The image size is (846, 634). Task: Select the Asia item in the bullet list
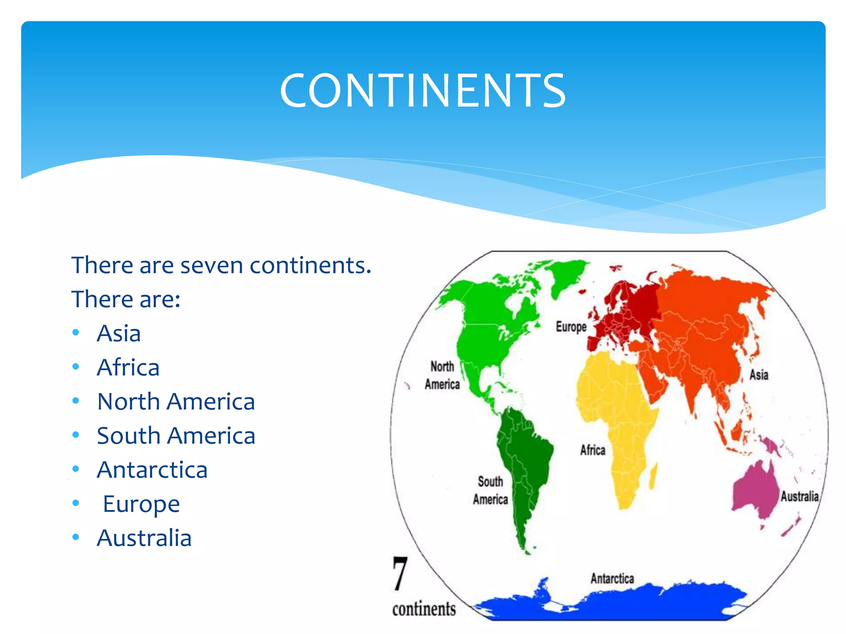pyautogui.click(x=119, y=333)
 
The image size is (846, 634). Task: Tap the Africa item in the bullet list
pyautogui.click(x=128, y=367)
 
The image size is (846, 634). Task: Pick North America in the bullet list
pyautogui.click(x=176, y=402)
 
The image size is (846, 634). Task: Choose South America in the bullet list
pyautogui.click(x=176, y=436)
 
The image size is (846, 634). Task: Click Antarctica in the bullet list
pyautogui.click(x=152, y=470)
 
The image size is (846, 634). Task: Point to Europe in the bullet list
pyautogui.click(x=141, y=504)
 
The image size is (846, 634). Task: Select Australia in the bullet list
pyautogui.click(x=144, y=538)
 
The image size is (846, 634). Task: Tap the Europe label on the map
pyautogui.click(x=571, y=327)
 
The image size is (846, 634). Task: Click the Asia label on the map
pyautogui.click(x=759, y=375)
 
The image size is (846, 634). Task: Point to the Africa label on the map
pyautogui.click(x=593, y=450)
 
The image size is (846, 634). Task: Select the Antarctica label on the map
pyautogui.click(x=612, y=579)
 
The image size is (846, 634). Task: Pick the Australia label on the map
pyautogui.click(x=799, y=496)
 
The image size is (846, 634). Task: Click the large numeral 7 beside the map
pyautogui.click(x=400, y=574)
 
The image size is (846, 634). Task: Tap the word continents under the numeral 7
pyautogui.click(x=424, y=609)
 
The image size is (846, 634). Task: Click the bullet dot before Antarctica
pyautogui.click(x=76, y=469)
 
